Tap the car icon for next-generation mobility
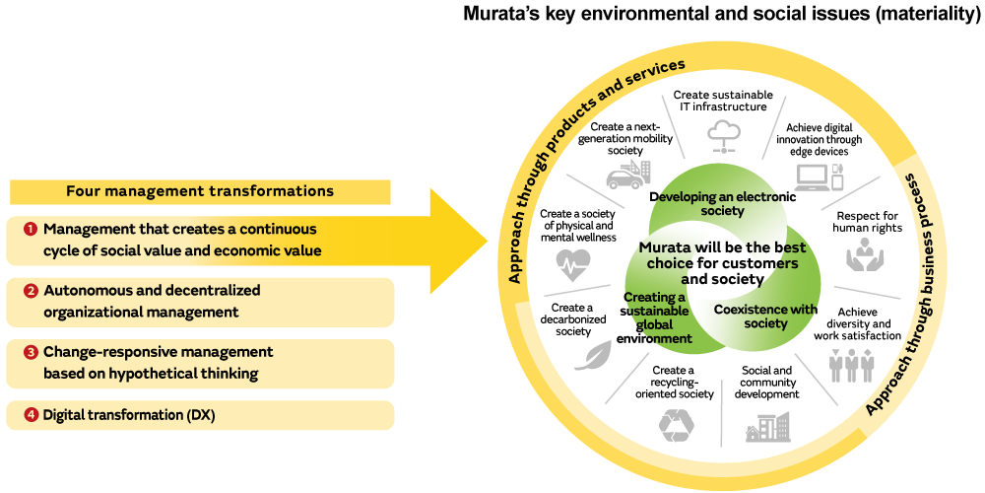[627, 176]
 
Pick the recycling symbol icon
[677, 423]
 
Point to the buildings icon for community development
[768, 427]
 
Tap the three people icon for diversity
[851, 366]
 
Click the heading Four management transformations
[200, 191]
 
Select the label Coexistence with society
[765, 316]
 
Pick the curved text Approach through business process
[926, 296]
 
